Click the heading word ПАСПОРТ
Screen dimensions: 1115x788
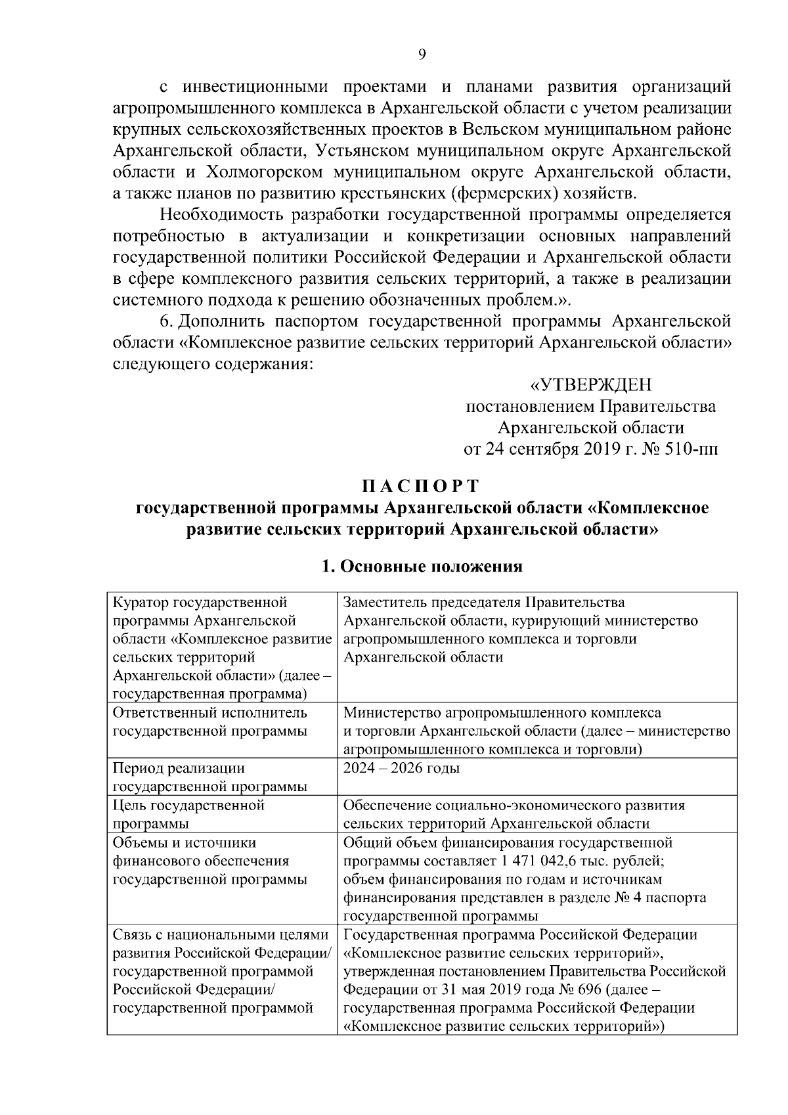421,486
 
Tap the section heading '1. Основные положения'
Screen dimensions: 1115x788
422,566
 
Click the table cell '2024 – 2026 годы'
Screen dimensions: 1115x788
401,768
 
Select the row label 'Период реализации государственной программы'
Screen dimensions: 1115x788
210,777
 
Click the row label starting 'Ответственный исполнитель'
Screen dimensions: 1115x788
210,721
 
